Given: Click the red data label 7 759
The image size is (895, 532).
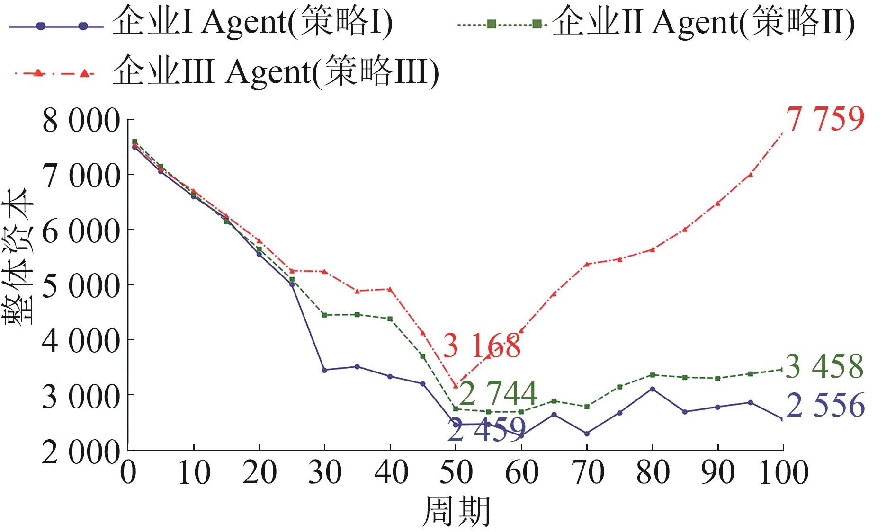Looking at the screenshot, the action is pos(825,119).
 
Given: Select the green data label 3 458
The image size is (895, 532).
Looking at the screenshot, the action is pos(824,366).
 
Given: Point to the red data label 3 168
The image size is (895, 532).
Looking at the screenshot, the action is pos(482,346).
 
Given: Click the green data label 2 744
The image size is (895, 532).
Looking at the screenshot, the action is pos(499,393).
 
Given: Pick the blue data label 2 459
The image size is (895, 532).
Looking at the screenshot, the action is pos(486,430).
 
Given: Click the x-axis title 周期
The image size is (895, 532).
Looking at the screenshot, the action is pos(456,512).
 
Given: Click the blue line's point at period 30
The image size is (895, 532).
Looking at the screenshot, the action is pos(324,370).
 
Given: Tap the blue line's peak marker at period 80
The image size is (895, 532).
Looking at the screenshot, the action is pos(652,389).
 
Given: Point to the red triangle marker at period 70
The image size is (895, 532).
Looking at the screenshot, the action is pos(587,264).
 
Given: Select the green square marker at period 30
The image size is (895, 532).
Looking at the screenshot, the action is pos(324,315).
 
